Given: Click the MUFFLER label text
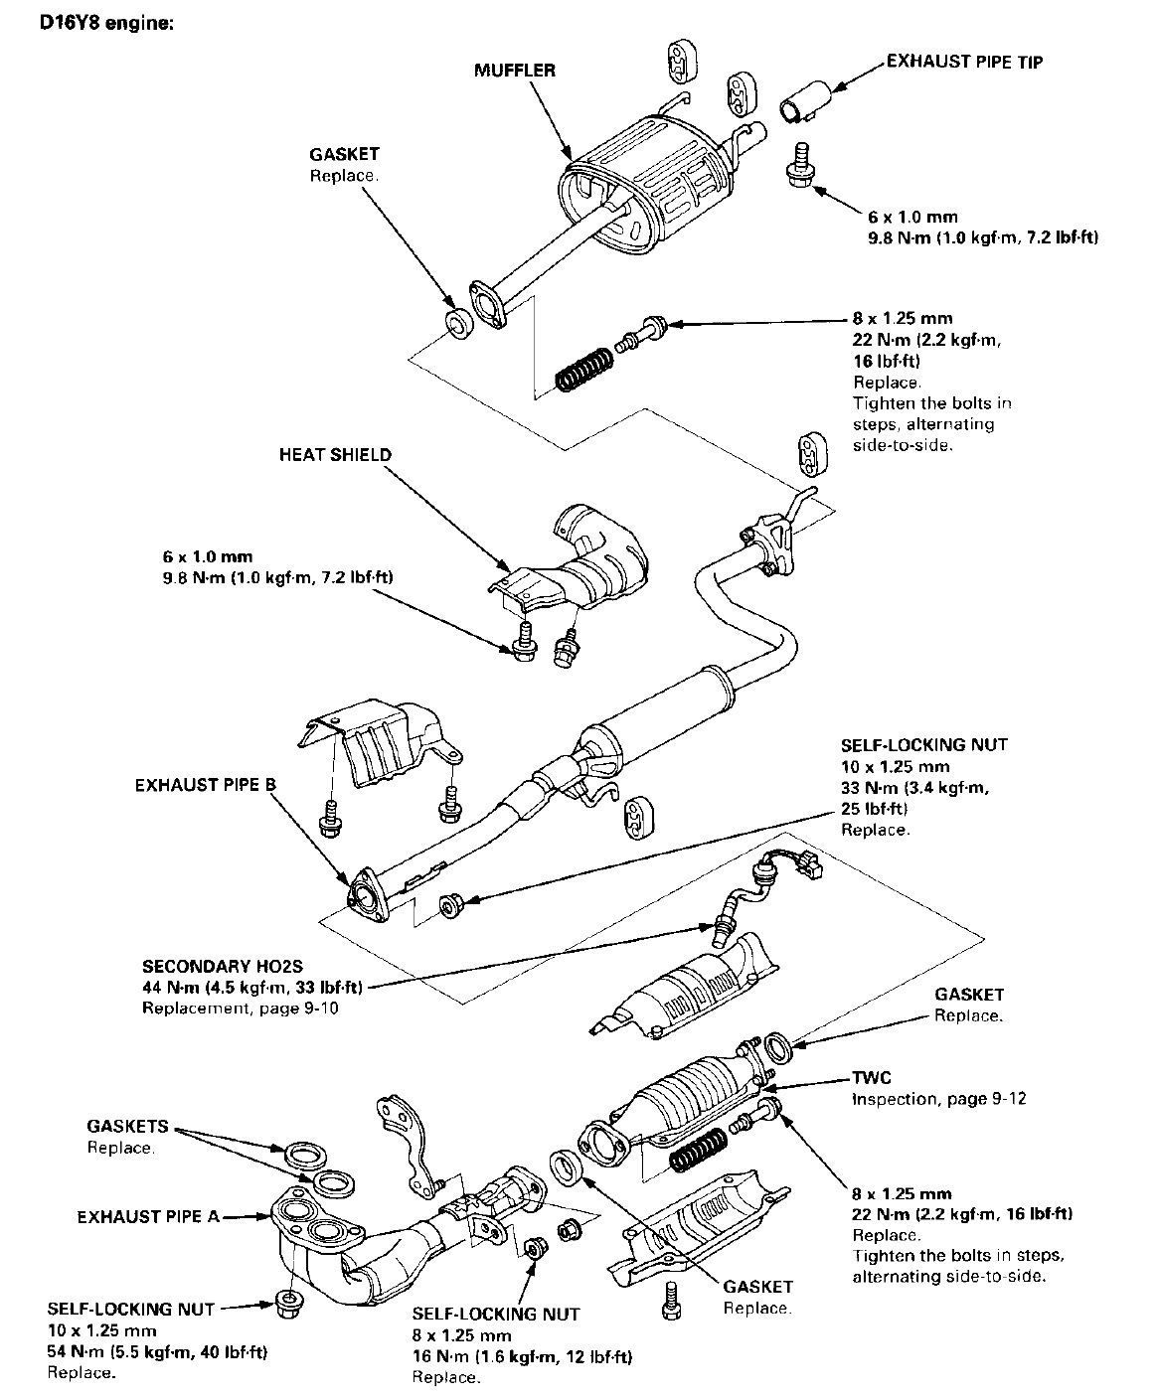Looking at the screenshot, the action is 514,71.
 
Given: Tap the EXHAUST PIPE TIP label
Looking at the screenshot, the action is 964,62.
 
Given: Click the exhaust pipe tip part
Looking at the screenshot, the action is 805,101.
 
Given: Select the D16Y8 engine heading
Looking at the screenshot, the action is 106,23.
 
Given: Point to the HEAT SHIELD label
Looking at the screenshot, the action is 335,454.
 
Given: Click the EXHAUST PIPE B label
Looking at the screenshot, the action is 205,785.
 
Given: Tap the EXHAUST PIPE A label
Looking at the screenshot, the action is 148,1216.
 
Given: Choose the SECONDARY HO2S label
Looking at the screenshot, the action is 222,966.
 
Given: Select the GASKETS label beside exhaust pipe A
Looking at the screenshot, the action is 127,1126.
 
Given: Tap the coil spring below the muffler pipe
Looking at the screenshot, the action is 583,369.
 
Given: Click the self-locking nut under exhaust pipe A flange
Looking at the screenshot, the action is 288,1304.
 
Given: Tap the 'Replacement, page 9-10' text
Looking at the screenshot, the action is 240,1008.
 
